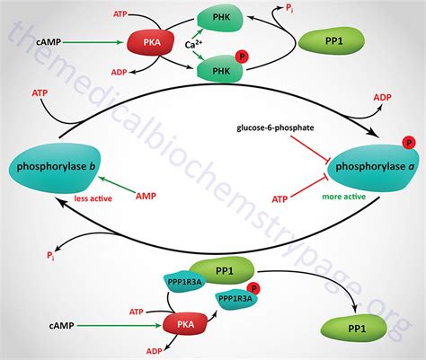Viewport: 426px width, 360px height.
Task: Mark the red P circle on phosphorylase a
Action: (409, 142)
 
